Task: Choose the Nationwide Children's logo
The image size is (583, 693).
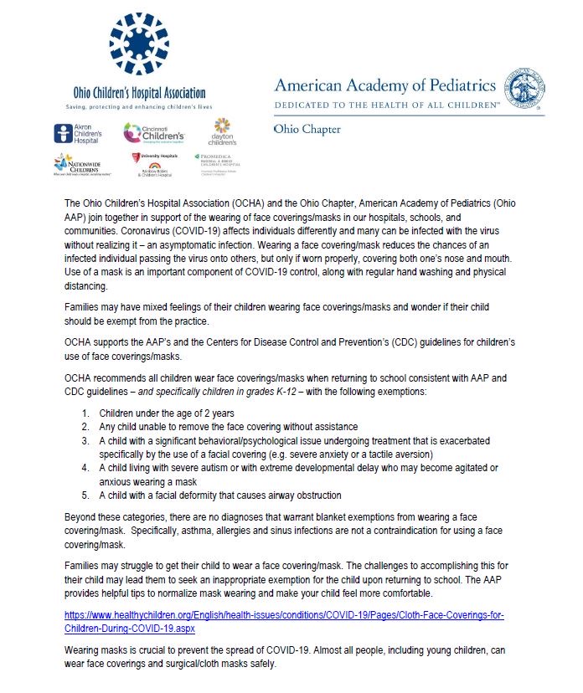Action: [78, 164]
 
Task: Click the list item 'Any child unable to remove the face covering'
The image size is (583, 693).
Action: [228, 427]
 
